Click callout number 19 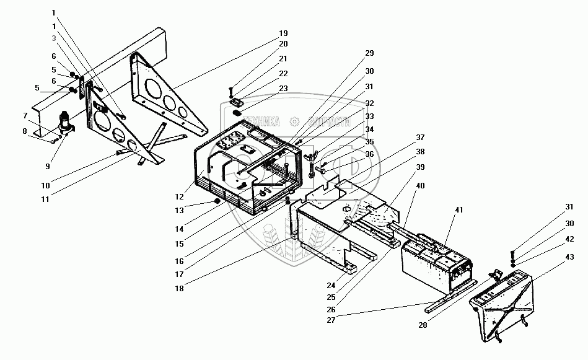tap(283, 33)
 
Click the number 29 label tap(369, 54)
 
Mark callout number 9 tap(25, 115)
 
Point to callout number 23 tap(283, 88)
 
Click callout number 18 tap(180, 288)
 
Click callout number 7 tap(25, 115)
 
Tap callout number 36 tap(369, 155)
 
